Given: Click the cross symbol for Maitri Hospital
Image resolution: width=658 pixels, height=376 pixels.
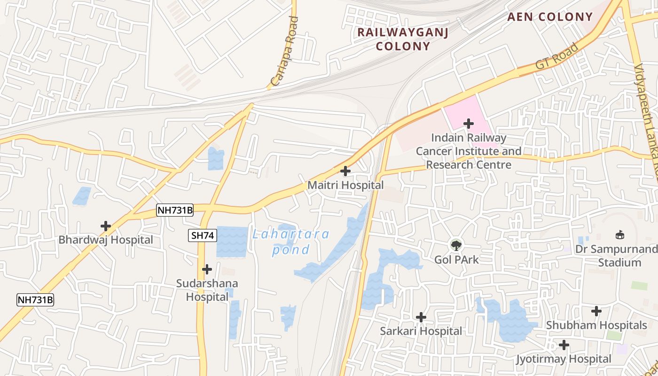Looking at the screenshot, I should coord(345,171).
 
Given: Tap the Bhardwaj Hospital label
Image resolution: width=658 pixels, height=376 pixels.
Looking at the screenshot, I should coord(106,240).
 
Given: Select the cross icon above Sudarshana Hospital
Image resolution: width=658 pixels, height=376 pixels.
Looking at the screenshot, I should coord(207,269).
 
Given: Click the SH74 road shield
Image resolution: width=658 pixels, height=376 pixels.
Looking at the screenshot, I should coord(203,235).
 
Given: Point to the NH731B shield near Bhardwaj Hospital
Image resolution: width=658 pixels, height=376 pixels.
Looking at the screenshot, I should coord(175,210).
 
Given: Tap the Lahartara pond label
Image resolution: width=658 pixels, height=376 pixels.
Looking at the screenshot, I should coord(291,242).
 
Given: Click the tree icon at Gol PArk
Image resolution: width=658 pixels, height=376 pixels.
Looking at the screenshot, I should coord(456,245).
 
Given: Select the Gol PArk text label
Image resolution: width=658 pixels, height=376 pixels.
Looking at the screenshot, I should coord(456,259).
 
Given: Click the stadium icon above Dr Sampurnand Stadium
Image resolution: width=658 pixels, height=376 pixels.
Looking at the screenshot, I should coord(620,235).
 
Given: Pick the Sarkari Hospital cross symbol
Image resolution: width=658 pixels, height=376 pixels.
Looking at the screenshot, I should coord(421,317).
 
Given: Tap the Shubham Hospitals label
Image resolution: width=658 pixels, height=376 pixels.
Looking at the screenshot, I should coord(596,325).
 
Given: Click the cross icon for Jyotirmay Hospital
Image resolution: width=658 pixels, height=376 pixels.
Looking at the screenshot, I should coord(564,345).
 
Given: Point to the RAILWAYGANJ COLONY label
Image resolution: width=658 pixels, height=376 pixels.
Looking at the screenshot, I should coord(403,39).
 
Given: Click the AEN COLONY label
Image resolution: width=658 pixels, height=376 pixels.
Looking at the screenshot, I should coord(550,17).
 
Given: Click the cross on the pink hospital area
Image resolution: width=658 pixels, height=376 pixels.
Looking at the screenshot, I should coord(469,124).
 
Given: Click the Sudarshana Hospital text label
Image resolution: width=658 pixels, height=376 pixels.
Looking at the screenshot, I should coord(207,290).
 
